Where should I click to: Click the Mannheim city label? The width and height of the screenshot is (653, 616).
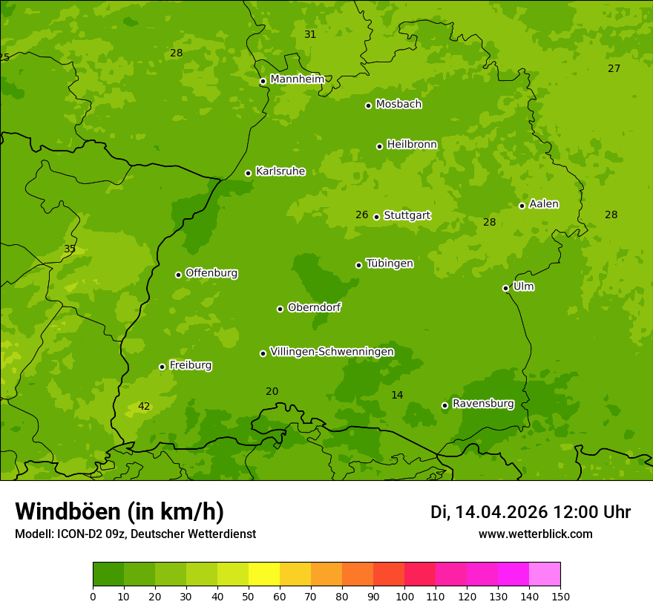(297, 79)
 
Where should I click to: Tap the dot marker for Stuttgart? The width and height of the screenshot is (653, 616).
(377, 217)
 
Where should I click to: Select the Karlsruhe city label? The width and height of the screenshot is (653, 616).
(280, 171)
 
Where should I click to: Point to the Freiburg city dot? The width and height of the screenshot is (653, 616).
(162, 367)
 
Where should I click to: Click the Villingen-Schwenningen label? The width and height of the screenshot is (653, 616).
(332, 352)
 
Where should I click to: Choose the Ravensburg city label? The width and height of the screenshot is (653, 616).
(483, 404)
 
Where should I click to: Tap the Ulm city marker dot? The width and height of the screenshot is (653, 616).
(506, 288)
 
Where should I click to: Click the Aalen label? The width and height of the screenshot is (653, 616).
(544, 204)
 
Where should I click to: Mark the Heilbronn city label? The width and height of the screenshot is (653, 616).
(412, 145)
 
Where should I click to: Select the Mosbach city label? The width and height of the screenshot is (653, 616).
(398, 105)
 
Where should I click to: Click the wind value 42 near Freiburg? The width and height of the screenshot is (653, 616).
(144, 406)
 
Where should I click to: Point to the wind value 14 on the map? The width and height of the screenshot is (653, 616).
(397, 395)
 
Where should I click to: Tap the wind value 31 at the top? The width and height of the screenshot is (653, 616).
(310, 34)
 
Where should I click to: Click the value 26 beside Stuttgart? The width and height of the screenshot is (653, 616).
(361, 214)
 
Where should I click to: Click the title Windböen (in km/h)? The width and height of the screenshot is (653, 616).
(119, 511)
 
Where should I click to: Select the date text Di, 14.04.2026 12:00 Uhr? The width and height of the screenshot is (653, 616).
(531, 512)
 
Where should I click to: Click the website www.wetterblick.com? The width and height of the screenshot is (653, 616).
(535, 534)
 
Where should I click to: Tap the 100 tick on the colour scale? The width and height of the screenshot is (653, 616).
(404, 596)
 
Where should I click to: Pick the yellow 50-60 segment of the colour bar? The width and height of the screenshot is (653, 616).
(264, 574)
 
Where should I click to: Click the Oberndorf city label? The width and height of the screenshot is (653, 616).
(314, 307)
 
